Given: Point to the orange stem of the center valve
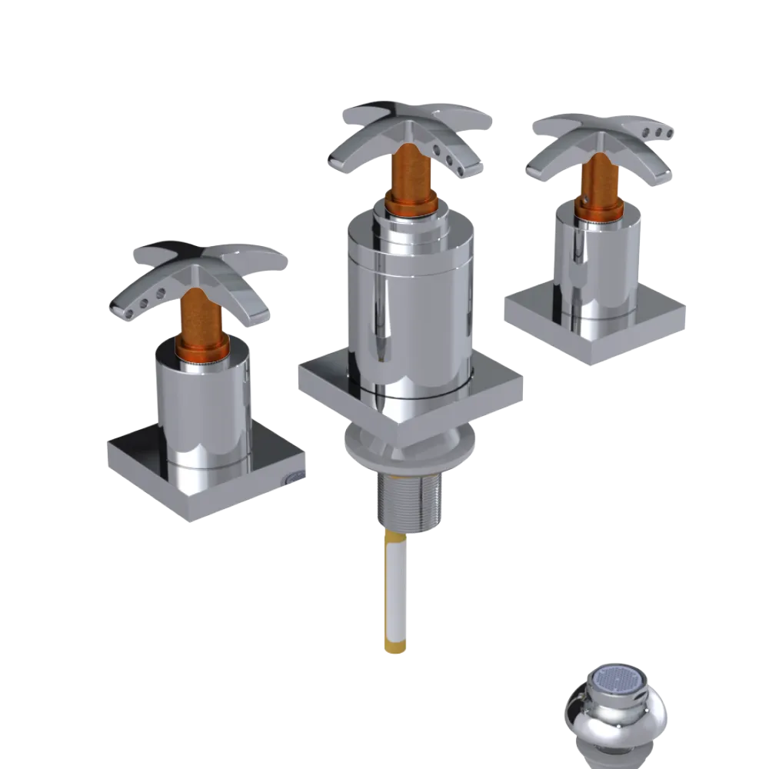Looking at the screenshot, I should pyautogui.click(x=405, y=181).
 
